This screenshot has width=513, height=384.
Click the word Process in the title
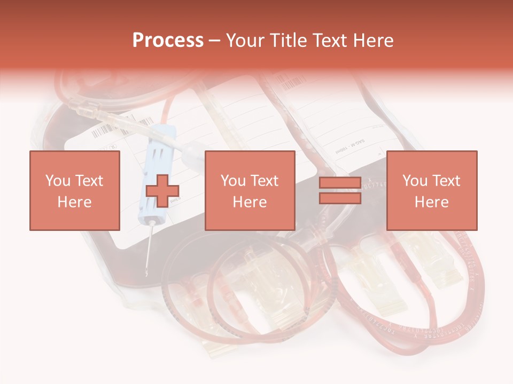[x=168, y=40]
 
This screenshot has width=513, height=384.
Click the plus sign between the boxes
[x=162, y=191]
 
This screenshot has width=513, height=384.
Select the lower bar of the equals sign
[x=340, y=198]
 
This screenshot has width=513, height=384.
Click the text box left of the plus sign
[x=75, y=190]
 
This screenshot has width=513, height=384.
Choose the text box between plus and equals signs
[x=250, y=190]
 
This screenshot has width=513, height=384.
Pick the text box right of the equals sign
[x=432, y=190]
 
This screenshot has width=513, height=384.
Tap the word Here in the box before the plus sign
[x=75, y=202]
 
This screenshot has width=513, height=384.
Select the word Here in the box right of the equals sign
[x=432, y=202]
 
